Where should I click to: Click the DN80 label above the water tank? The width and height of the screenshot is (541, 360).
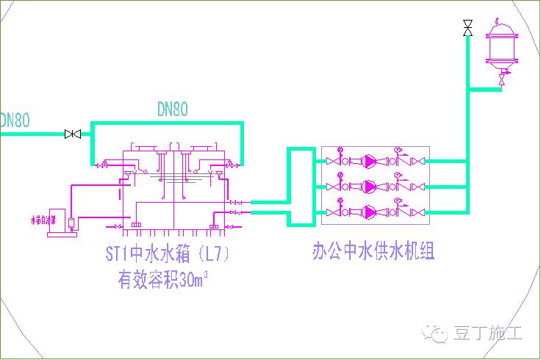coord(173,109)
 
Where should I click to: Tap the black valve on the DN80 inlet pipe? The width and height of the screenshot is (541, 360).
coord(73,134)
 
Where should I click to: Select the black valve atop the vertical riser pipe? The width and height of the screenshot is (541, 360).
coord(467,29)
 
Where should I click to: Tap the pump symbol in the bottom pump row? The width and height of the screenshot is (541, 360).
coord(370,212)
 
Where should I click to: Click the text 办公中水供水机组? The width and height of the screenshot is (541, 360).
coord(373,252)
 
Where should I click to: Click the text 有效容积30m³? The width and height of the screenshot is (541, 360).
coord(162,279)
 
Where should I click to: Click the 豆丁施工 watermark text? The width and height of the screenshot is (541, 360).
coord(489,334)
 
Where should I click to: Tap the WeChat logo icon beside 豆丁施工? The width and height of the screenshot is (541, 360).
coord(439,334)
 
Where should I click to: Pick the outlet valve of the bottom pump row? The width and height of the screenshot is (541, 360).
coord(418,212)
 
